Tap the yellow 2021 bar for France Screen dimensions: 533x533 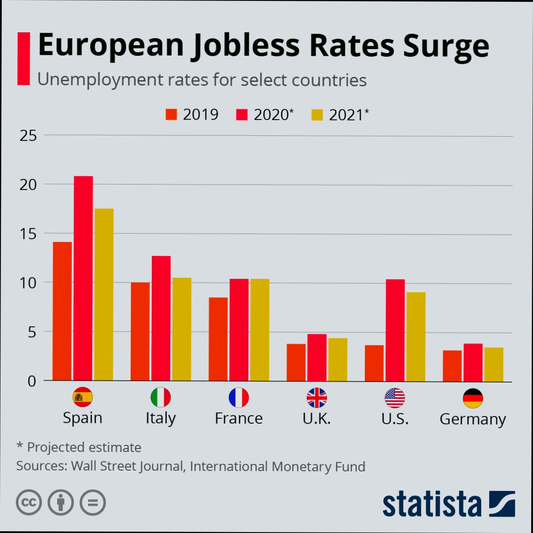click(x=260, y=329)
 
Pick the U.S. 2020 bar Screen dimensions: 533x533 click(x=395, y=330)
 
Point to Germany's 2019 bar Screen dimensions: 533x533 click(x=452, y=365)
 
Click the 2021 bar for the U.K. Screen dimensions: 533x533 click(x=338, y=359)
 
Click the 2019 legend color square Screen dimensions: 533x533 click(x=171, y=115)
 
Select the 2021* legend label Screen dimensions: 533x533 click(x=349, y=115)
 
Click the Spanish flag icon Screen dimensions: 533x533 click(x=83, y=397)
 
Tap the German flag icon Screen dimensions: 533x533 click(x=473, y=398)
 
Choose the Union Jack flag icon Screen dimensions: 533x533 click(x=317, y=398)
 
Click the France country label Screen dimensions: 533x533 click(x=239, y=418)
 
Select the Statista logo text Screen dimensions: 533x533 click(x=432, y=504)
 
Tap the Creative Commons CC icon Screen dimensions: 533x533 click(x=29, y=502)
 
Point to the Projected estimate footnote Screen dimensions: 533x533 click(x=79, y=447)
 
